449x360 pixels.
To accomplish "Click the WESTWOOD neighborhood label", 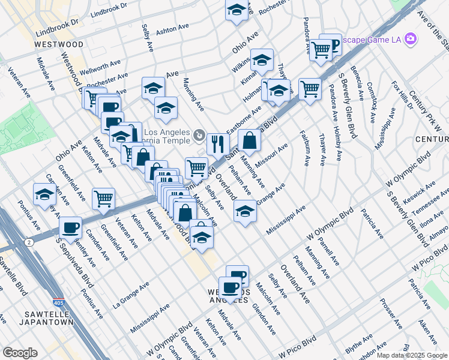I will click(58, 45).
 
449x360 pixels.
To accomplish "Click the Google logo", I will click(20, 352).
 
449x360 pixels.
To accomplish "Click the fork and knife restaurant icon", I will click(218, 144).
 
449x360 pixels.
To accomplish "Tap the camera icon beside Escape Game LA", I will click(411, 40).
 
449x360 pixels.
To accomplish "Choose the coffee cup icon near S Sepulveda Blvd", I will click(71, 227).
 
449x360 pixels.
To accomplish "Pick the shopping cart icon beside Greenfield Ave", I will click(104, 198).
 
